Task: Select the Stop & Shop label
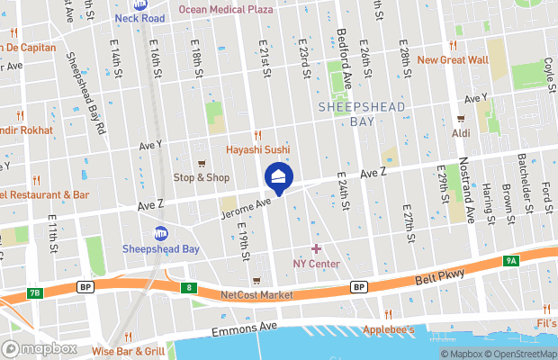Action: [201, 177]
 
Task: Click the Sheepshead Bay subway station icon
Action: [161, 233]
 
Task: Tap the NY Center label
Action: [316, 264]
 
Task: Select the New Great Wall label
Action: [452, 60]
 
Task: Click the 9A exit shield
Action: [511, 261]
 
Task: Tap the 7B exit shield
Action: [34, 293]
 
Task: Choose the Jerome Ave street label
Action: [246, 208]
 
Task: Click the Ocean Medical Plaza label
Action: [225, 9]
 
